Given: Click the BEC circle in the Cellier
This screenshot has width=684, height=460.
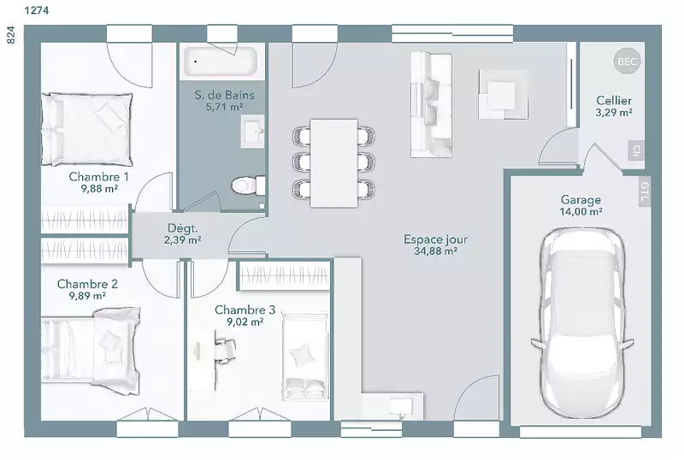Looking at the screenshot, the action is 628,62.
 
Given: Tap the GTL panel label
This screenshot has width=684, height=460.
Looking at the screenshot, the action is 645,192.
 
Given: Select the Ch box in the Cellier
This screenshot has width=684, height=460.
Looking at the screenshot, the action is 636,150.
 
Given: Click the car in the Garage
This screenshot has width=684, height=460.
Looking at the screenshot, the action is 582,323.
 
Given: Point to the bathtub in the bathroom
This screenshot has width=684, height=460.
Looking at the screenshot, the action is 221,62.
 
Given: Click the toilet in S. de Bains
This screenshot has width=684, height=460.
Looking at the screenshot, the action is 248,186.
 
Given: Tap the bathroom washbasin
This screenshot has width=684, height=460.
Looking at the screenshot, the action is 252,131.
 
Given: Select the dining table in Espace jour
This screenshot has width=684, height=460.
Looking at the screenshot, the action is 333,162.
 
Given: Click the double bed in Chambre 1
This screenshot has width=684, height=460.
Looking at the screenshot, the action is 87,129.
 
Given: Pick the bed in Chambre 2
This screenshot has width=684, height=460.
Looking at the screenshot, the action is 91,351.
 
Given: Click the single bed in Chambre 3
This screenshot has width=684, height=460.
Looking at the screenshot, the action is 304,357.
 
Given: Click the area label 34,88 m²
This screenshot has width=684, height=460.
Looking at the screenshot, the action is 435,251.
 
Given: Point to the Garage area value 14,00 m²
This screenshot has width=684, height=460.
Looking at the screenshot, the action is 581,211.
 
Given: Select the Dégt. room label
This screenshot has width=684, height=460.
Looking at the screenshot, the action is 182,227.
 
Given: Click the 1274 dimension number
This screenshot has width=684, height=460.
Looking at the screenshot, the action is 37,10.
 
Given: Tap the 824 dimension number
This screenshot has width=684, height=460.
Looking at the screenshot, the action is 11,35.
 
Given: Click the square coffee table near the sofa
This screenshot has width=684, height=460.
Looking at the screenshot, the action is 503,94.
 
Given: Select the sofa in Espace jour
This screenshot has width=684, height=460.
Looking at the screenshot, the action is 431,105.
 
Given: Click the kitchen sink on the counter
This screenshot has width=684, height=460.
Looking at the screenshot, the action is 400,408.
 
